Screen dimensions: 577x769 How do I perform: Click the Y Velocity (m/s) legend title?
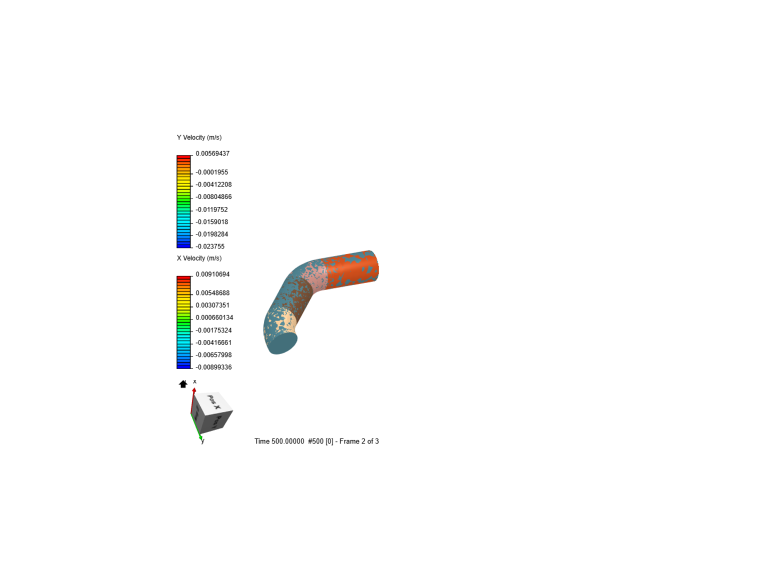tap(199, 137)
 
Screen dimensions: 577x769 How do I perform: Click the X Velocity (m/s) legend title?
tap(199, 258)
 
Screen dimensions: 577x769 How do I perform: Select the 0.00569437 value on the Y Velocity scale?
tap(212, 153)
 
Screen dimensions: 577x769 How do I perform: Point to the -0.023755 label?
tap(210, 246)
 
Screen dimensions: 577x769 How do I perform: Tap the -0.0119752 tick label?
tap(211, 209)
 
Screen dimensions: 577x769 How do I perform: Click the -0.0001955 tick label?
tap(211, 172)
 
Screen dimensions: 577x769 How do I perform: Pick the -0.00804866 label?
tap(213, 197)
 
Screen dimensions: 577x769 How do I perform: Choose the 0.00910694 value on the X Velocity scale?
tap(212, 274)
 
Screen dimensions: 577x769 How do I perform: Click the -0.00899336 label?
tap(213, 367)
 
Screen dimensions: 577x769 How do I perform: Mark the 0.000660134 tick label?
tap(214, 317)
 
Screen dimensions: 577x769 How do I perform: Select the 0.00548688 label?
tap(212, 293)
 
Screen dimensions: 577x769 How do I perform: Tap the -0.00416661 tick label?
tap(213, 342)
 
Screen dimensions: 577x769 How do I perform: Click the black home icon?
tap(183, 384)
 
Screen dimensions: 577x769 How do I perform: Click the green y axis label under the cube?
tap(202, 441)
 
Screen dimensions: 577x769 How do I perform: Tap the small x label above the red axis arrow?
tap(195, 381)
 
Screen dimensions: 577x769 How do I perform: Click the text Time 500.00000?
tap(279, 441)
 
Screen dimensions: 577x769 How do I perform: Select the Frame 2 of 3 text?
tap(359, 441)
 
